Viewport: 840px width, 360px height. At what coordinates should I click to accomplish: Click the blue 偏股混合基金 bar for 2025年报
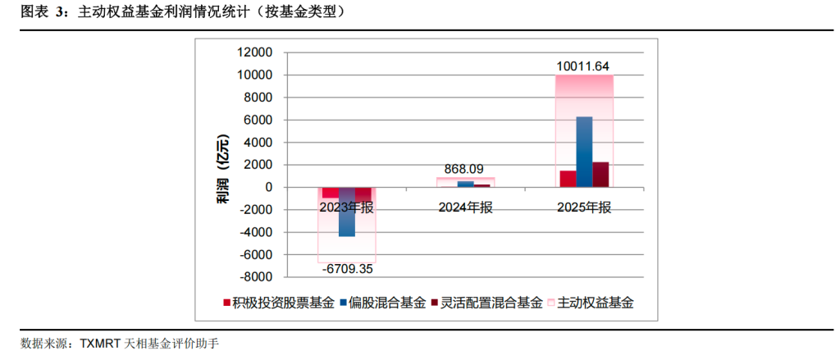click(x=584, y=152)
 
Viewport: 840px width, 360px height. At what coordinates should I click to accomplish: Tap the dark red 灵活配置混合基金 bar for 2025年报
click(x=601, y=175)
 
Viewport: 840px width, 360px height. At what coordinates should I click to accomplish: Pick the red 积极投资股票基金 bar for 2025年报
click(x=568, y=179)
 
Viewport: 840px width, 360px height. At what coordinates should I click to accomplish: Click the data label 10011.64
click(x=584, y=66)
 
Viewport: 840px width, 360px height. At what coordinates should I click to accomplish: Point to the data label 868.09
click(x=465, y=169)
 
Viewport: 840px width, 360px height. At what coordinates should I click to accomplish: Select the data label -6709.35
click(x=347, y=268)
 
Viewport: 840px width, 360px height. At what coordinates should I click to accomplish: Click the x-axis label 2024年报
click(x=465, y=207)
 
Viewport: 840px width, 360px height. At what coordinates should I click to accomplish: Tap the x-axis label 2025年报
click(x=584, y=207)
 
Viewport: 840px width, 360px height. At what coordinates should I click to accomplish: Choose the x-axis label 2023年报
click(x=347, y=207)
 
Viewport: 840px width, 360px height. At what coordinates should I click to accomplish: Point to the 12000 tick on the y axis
click(x=254, y=52)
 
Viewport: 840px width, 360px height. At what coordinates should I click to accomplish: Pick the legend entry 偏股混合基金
click(x=388, y=303)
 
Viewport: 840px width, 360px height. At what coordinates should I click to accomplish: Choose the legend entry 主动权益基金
click(x=591, y=303)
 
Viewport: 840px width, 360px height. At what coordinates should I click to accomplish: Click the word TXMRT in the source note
click(x=99, y=343)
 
